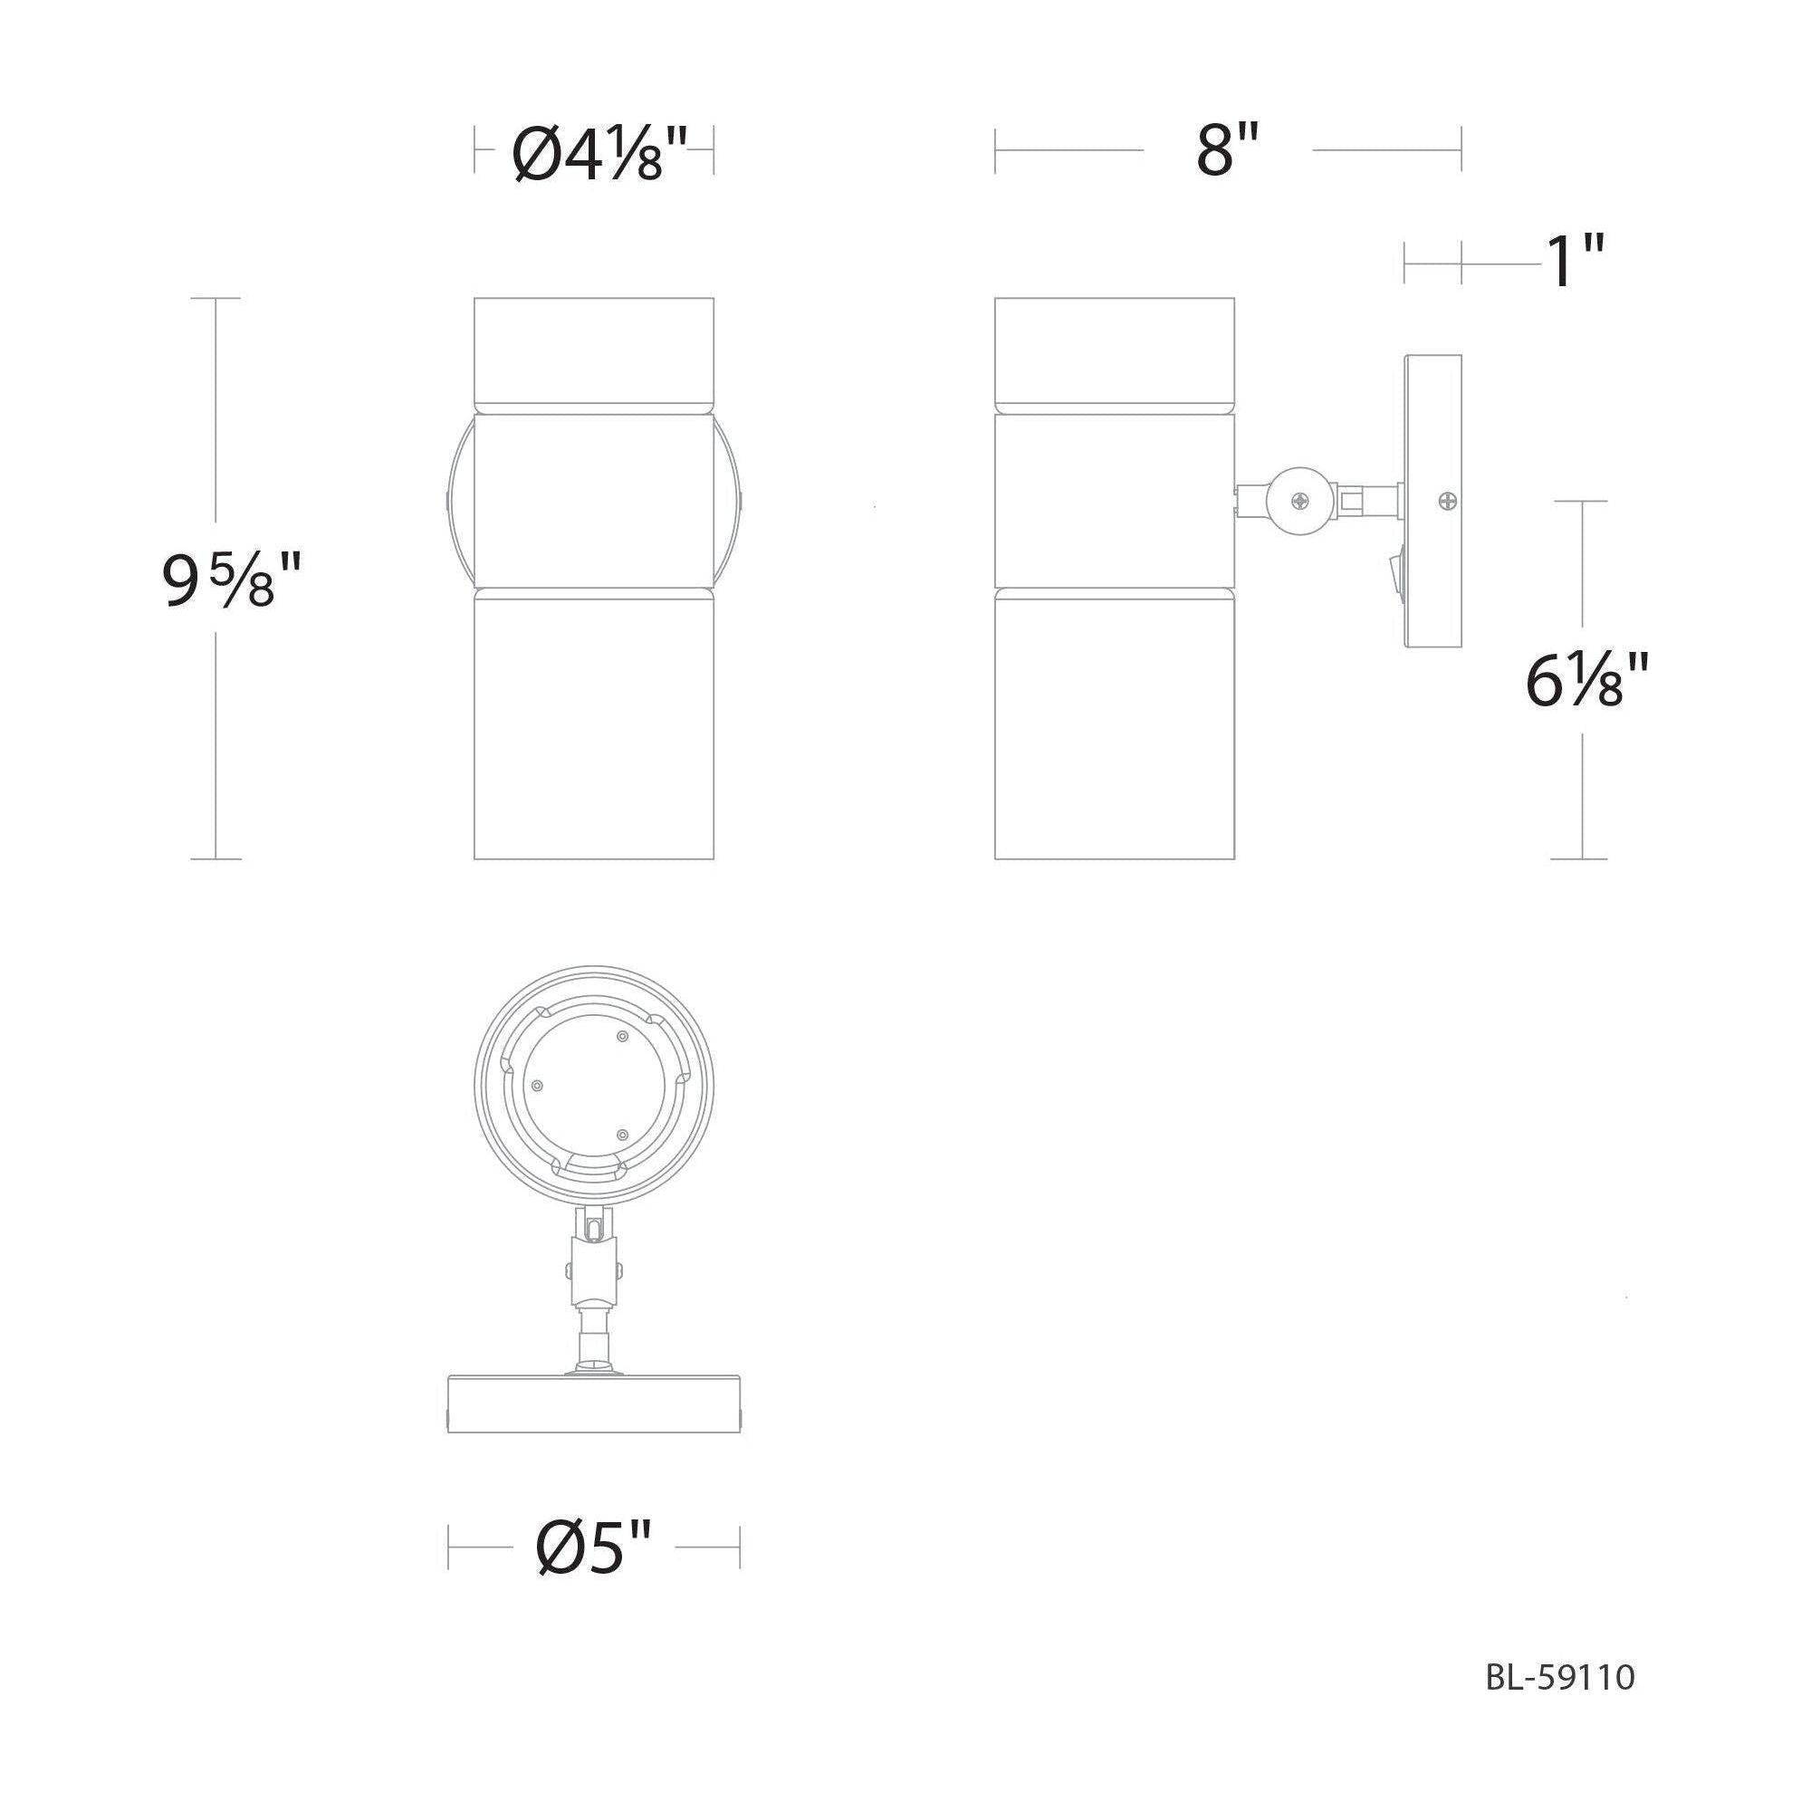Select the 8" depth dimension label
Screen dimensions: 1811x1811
coord(1227,150)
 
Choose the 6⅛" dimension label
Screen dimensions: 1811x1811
coord(1586,682)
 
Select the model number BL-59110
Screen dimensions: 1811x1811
coord(1560,1677)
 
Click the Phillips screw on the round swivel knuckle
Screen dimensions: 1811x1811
coord(1300,502)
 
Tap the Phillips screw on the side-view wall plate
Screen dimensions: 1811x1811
coord(1448,502)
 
